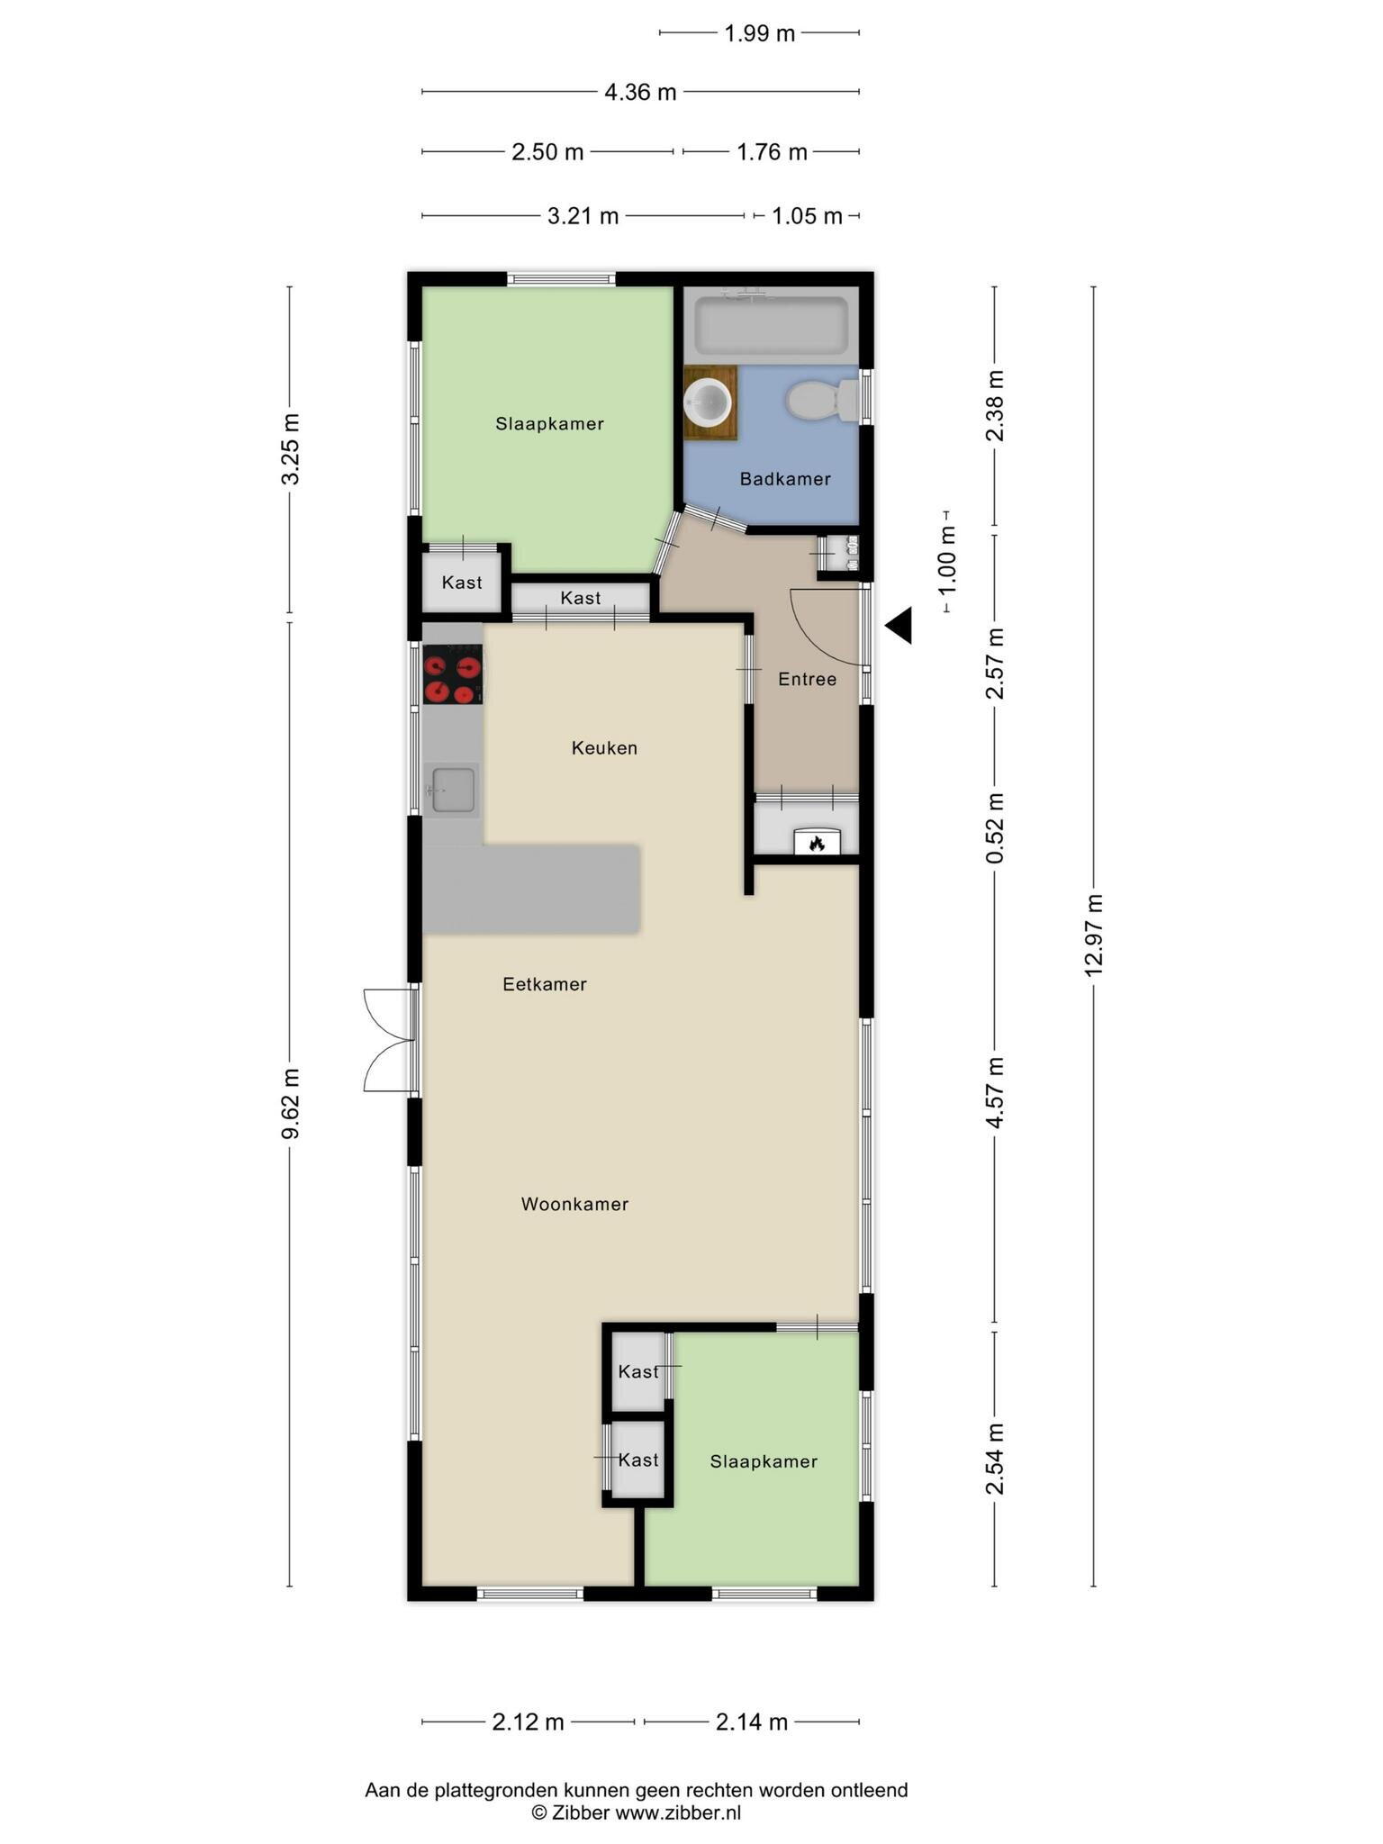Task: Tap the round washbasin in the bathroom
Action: [709, 401]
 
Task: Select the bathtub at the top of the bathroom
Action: [772, 326]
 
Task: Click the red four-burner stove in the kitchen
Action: [453, 674]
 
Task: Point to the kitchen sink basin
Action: [453, 790]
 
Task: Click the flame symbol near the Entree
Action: [817, 844]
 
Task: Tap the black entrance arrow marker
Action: [899, 626]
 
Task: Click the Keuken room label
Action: [604, 748]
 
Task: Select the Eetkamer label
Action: [545, 985]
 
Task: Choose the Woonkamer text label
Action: [574, 1205]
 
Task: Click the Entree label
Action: [808, 680]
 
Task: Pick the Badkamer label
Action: [785, 479]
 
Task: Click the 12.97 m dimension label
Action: [1094, 936]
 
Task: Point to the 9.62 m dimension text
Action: [290, 1104]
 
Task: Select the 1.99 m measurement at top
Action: [760, 33]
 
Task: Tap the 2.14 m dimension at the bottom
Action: [752, 1722]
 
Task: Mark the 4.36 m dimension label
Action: [640, 92]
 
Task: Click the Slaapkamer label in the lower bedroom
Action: [764, 1462]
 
